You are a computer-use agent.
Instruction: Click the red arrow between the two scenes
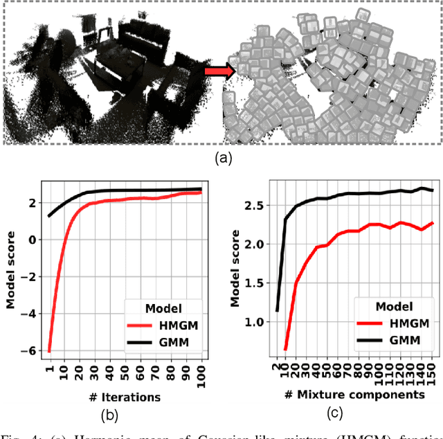coord(219,69)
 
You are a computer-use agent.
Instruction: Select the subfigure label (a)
coord(224,158)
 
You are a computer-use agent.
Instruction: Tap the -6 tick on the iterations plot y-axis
coord(30,350)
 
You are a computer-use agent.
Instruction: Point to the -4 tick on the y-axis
coord(30,313)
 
